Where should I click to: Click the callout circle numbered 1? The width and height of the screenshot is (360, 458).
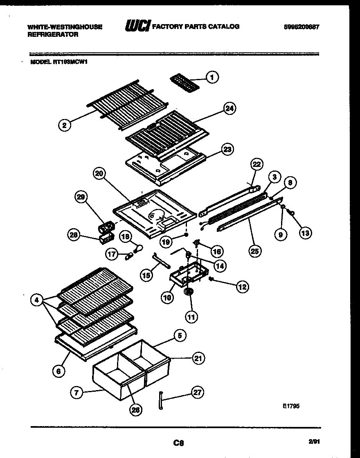pos(211,77)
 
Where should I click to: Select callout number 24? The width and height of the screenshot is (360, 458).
pos(230,108)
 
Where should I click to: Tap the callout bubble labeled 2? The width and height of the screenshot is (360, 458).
pos(64,126)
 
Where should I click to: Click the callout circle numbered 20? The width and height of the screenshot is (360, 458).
pos(99,173)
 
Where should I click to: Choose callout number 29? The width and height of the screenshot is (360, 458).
pos(81,198)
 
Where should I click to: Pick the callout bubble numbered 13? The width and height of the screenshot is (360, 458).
pos(305,233)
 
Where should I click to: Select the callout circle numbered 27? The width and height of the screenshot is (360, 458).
pos(198,393)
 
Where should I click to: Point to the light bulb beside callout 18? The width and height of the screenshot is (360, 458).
pos(139,248)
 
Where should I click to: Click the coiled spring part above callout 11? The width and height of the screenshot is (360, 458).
pos(189,292)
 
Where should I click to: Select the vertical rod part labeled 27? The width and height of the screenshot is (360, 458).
pos(160,400)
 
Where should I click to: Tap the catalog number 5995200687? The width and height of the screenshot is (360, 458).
pos(301,27)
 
